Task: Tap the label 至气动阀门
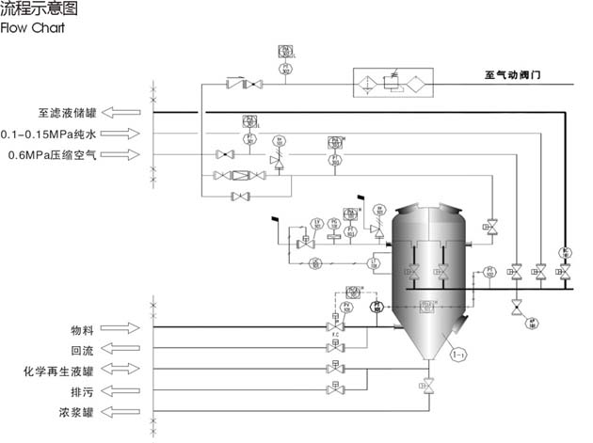pos(514,74)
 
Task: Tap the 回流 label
pos(81,350)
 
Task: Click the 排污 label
pos(81,391)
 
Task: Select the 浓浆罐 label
pos(74,413)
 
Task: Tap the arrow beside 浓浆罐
pos(120,413)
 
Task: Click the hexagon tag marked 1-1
pos(458,355)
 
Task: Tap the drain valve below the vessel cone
pos(429,385)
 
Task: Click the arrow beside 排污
pos(120,391)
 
